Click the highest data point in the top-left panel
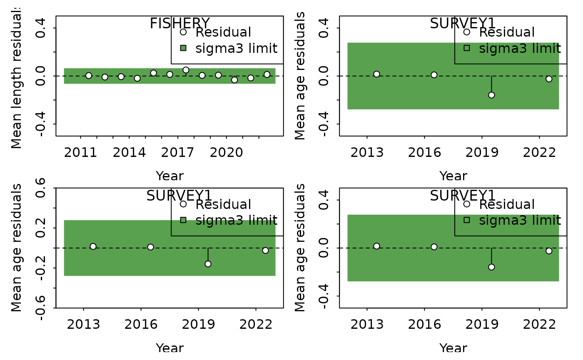186,70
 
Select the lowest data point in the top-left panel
234,79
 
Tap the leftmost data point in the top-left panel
89,75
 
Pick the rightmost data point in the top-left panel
267,74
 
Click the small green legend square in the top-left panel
183,48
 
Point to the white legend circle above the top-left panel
183,32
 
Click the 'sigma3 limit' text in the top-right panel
519,49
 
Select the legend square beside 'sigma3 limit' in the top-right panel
467,48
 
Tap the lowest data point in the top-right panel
491,95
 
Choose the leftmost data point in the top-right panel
376,74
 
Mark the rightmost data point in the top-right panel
549,79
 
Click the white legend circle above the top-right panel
467,32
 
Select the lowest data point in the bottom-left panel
208,264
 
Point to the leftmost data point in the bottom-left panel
93,246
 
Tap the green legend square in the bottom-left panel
183,220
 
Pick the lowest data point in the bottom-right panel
491,267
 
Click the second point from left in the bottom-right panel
434,247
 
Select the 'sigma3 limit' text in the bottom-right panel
519,221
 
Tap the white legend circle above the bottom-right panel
467,204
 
